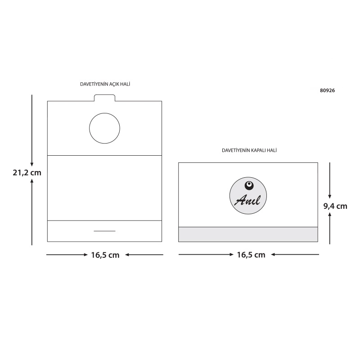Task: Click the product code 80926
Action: tap(328, 90)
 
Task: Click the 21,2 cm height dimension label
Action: tap(27, 172)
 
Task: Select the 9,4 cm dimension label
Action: tap(335, 206)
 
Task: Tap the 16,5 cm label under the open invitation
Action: tap(105, 255)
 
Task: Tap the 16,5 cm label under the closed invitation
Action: tap(251, 255)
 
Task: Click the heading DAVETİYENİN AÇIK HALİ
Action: tap(105, 84)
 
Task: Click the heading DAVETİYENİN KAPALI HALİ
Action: tap(249, 150)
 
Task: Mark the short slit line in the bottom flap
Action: tap(104, 231)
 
